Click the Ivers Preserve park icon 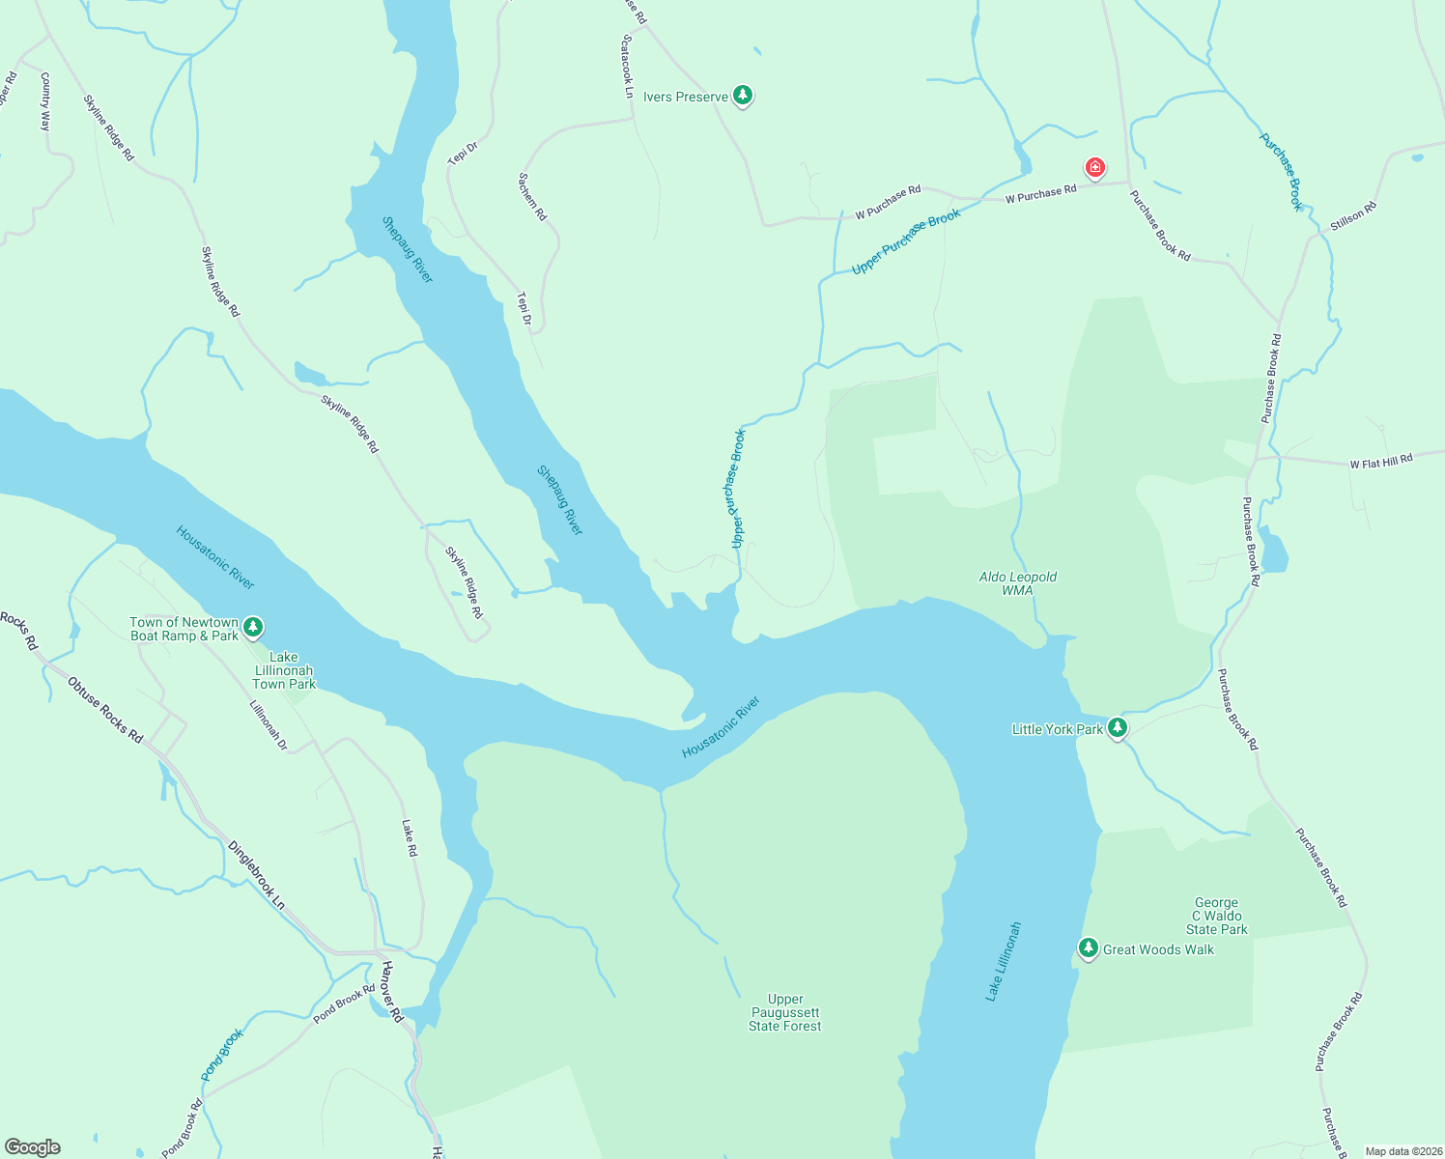tap(742, 95)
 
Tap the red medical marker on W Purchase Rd tap(1094, 169)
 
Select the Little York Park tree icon tap(1118, 727)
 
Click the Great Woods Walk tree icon tap(1089, 948)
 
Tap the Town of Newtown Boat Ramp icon tap(253, 628)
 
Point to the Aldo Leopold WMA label tap(1017, 583)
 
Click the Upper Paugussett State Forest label tap(784, 1012)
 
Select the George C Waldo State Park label tap(1216, 916)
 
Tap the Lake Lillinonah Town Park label tap(283, 670)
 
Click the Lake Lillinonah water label tap(1003, 961)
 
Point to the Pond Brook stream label tap(222, 1055)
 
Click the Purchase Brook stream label tap(1281, 172)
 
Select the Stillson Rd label tap(1352, 215)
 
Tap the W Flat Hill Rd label tap(1380, 462)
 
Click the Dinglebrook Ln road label tap(257, 875)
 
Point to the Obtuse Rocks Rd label tap(104, 710)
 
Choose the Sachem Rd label tap(532, 197)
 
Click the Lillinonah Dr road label tap(269, 725)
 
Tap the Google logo tap(33, 1147)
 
